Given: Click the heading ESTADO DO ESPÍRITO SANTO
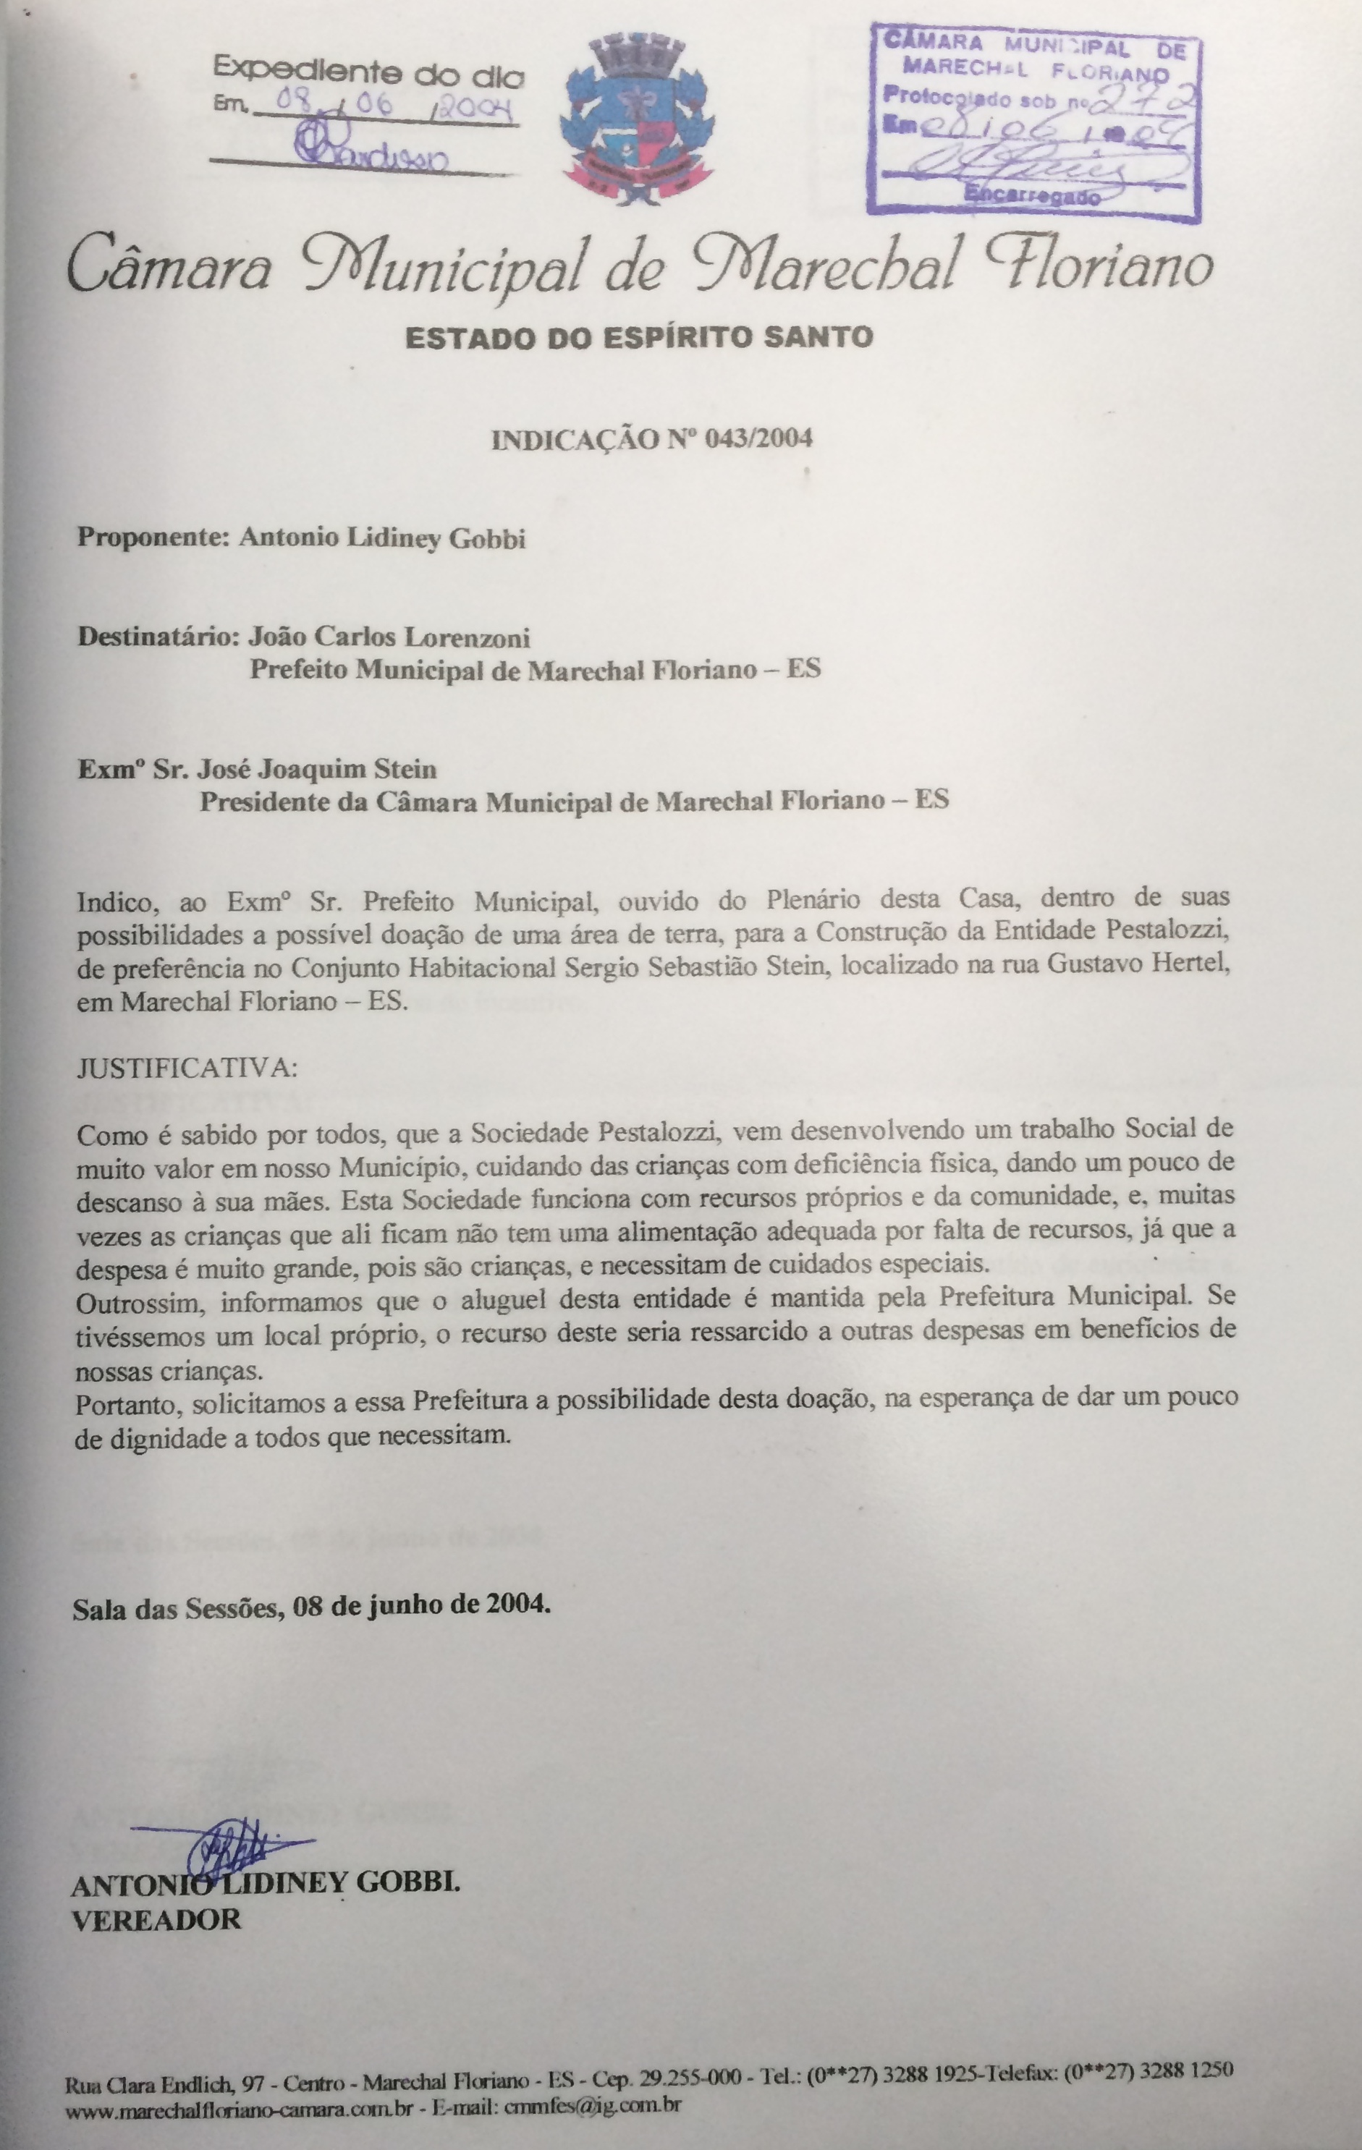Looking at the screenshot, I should pyautogui.click(x=638, y=338).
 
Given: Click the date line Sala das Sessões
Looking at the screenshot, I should pyautogui.click(x=310, y=1605).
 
